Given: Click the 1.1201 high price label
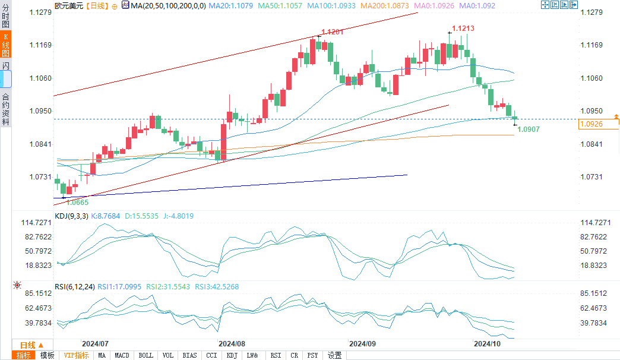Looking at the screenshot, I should [x=333, y=32].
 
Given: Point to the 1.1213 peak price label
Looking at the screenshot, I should [x=463, y=28].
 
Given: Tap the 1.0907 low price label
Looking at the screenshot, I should [x=528, y=129].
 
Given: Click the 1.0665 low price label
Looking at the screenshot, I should [x=77, y=202].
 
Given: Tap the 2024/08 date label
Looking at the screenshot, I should [x=232, y=343].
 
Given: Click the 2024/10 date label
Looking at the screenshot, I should [x=487, y=343].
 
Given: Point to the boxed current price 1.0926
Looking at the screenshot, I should [x=597, y=125].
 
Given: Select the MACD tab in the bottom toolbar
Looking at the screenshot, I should [x=122, y=355].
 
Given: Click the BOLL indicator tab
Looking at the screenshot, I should [x=145, y=355].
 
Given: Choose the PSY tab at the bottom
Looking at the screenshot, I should [x=312, y=355].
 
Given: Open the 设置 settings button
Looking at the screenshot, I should [x=335, y=355].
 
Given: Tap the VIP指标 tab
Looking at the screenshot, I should [x=76, y=355].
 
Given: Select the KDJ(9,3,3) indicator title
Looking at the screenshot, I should [x=71, y=216].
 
